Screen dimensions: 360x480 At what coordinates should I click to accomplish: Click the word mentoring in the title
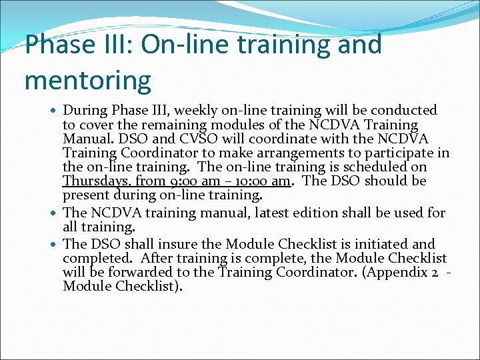pyautogui.click(x=88, y=80)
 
